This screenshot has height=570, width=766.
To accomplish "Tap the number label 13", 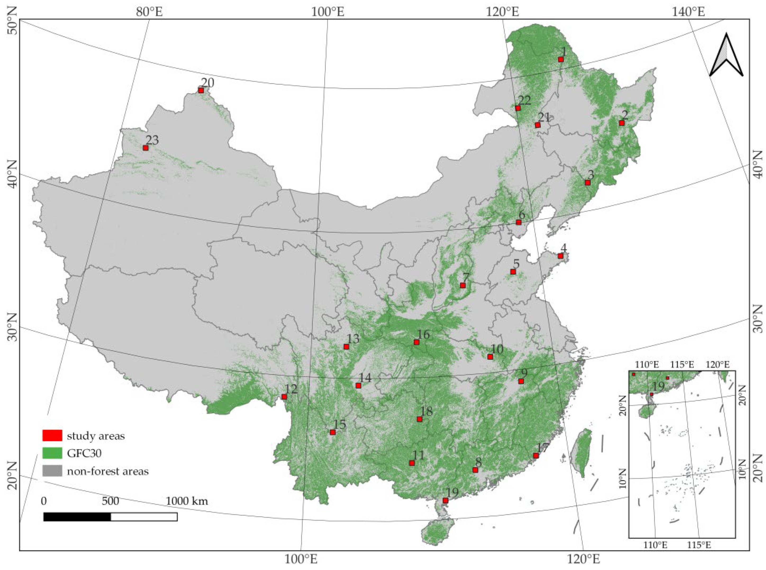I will click(x=353, y=339).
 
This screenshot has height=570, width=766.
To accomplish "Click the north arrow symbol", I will click(x=726, y=55).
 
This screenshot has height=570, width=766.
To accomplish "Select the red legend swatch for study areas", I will click(x=52, y=435).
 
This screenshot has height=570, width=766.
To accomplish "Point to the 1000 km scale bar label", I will click(x=187, y=501).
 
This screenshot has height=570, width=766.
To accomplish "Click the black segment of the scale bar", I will click(x=77, y=517).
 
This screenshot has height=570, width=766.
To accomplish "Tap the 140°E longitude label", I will click(x=688, y=12).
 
